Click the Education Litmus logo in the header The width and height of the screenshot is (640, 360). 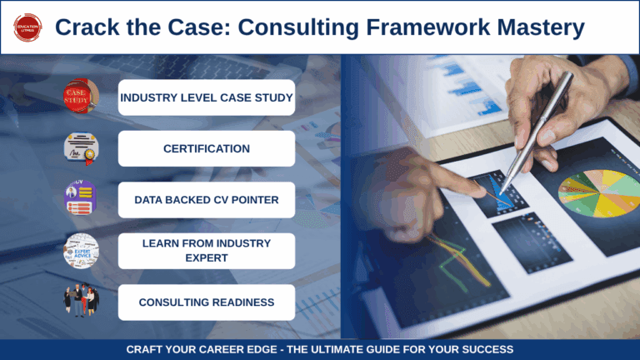pos(27,27)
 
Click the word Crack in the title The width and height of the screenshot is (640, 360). pos(88,27)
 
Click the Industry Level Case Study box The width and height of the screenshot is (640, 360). pos(207,97)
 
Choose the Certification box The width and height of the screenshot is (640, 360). pos(207,148)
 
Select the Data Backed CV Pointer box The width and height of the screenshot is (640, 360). pos(207,200)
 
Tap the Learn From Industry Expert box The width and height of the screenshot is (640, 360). pos(207,251)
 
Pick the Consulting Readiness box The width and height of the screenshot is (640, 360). pos(207,302)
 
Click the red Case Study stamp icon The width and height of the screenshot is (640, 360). pos(81,97)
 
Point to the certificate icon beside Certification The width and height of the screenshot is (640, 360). pos(81,148)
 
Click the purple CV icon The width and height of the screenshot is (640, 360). pos(81,200)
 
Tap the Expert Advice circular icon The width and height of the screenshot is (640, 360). pos(81,251)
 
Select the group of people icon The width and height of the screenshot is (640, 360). pos(81,302)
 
